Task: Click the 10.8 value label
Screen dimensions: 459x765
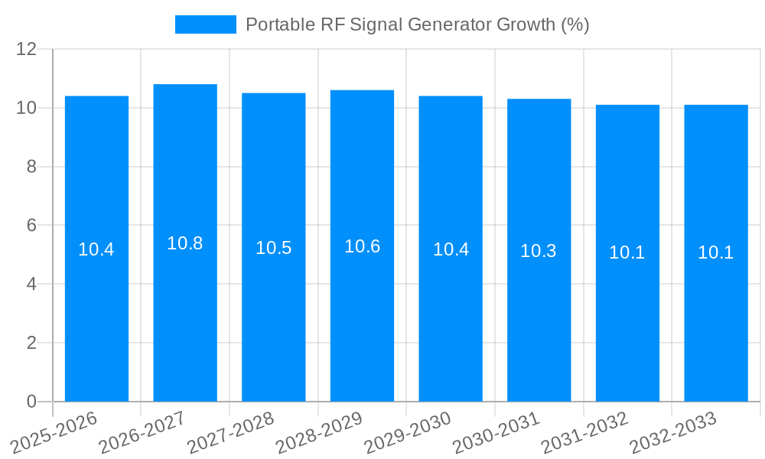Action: [x=185, y=243]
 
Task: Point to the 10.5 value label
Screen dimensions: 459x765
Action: [x=274, y=248]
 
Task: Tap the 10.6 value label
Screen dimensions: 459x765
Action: [x=362, y=246]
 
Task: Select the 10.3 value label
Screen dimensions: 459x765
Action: [x=539, y=251]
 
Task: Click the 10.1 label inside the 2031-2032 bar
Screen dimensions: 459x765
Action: [x=627, y=252]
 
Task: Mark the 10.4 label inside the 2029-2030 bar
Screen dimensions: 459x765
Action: [x=451, y=249]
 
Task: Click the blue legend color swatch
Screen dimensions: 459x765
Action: [x=206, y=24]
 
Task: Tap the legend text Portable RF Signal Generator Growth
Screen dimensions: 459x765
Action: [x=417, y=24]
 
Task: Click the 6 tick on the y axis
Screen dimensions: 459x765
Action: [x=31, y=226]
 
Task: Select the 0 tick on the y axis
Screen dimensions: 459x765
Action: [x=31, y=402]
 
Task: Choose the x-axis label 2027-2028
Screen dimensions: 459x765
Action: [x=229, y=433]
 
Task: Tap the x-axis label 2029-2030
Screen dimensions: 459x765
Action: [x=407, y=433]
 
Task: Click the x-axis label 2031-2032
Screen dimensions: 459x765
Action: [x=584, y=433]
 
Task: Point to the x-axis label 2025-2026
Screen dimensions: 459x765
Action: [x=54, y=433]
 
